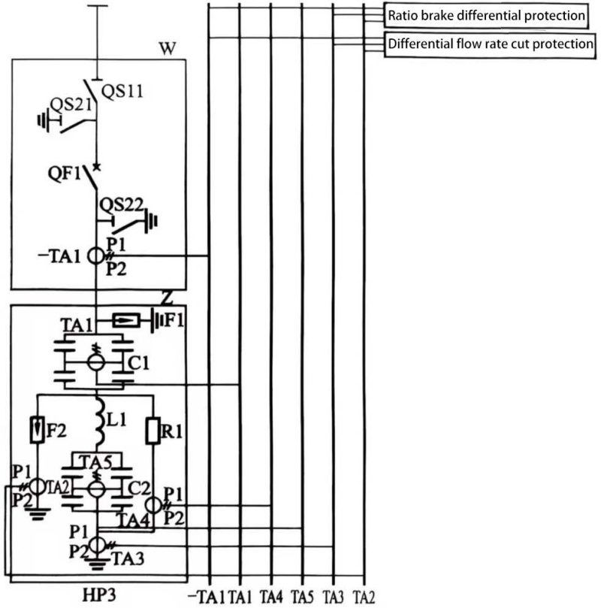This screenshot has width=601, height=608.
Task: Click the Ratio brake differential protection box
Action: pos(486,15)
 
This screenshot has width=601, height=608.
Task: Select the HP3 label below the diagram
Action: pos(99,594)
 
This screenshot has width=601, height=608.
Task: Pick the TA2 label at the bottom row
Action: pos(364,597)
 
